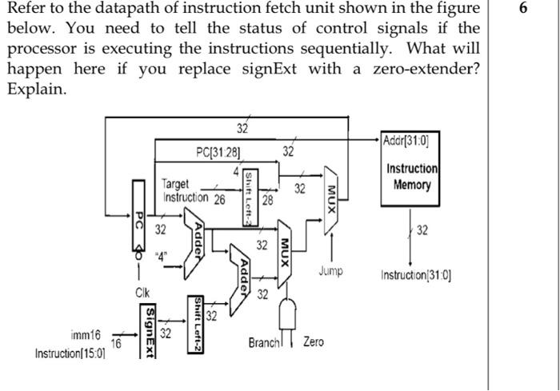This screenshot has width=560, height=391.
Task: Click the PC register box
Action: pos(139,215)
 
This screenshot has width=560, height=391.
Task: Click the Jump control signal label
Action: pos(330,271)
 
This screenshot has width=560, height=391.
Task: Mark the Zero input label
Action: pos(314,342)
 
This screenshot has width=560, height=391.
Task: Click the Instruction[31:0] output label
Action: pos(417,276)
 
